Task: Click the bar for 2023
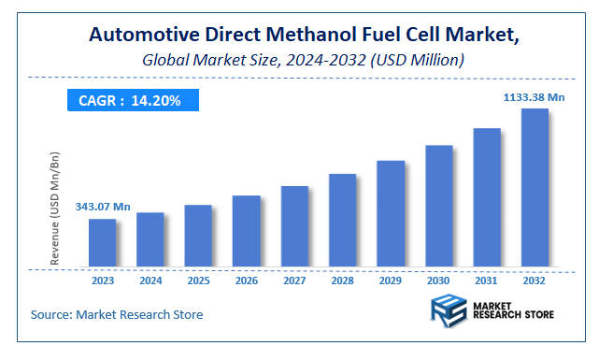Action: [102, 242]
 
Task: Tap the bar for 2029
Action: [391, 213]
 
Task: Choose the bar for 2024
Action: [150, 238]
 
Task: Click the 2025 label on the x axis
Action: [198, 279]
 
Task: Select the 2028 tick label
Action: [342, 279]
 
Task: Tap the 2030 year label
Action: [438, 279]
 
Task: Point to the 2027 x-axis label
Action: [294, 279]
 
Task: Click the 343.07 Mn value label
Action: [103, 206]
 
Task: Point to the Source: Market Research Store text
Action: [117, 314]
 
